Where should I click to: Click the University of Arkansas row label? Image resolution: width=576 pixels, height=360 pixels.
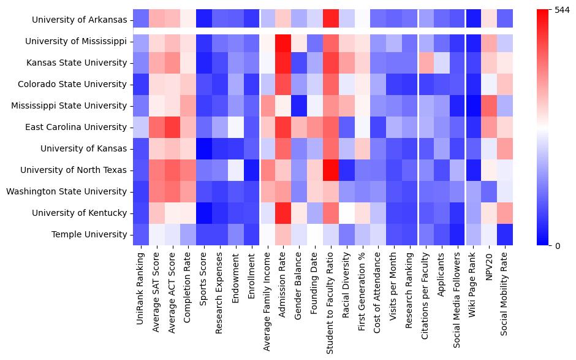[x=80, y=20]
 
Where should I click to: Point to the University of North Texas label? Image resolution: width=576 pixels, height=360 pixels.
[x=74, y=170]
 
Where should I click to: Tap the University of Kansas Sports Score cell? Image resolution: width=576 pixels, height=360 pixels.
[x=204, y=148]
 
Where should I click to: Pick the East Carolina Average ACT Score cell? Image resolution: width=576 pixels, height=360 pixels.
[x=173, y=127]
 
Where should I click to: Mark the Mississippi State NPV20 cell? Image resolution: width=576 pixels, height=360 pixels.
[x=490, y=105]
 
